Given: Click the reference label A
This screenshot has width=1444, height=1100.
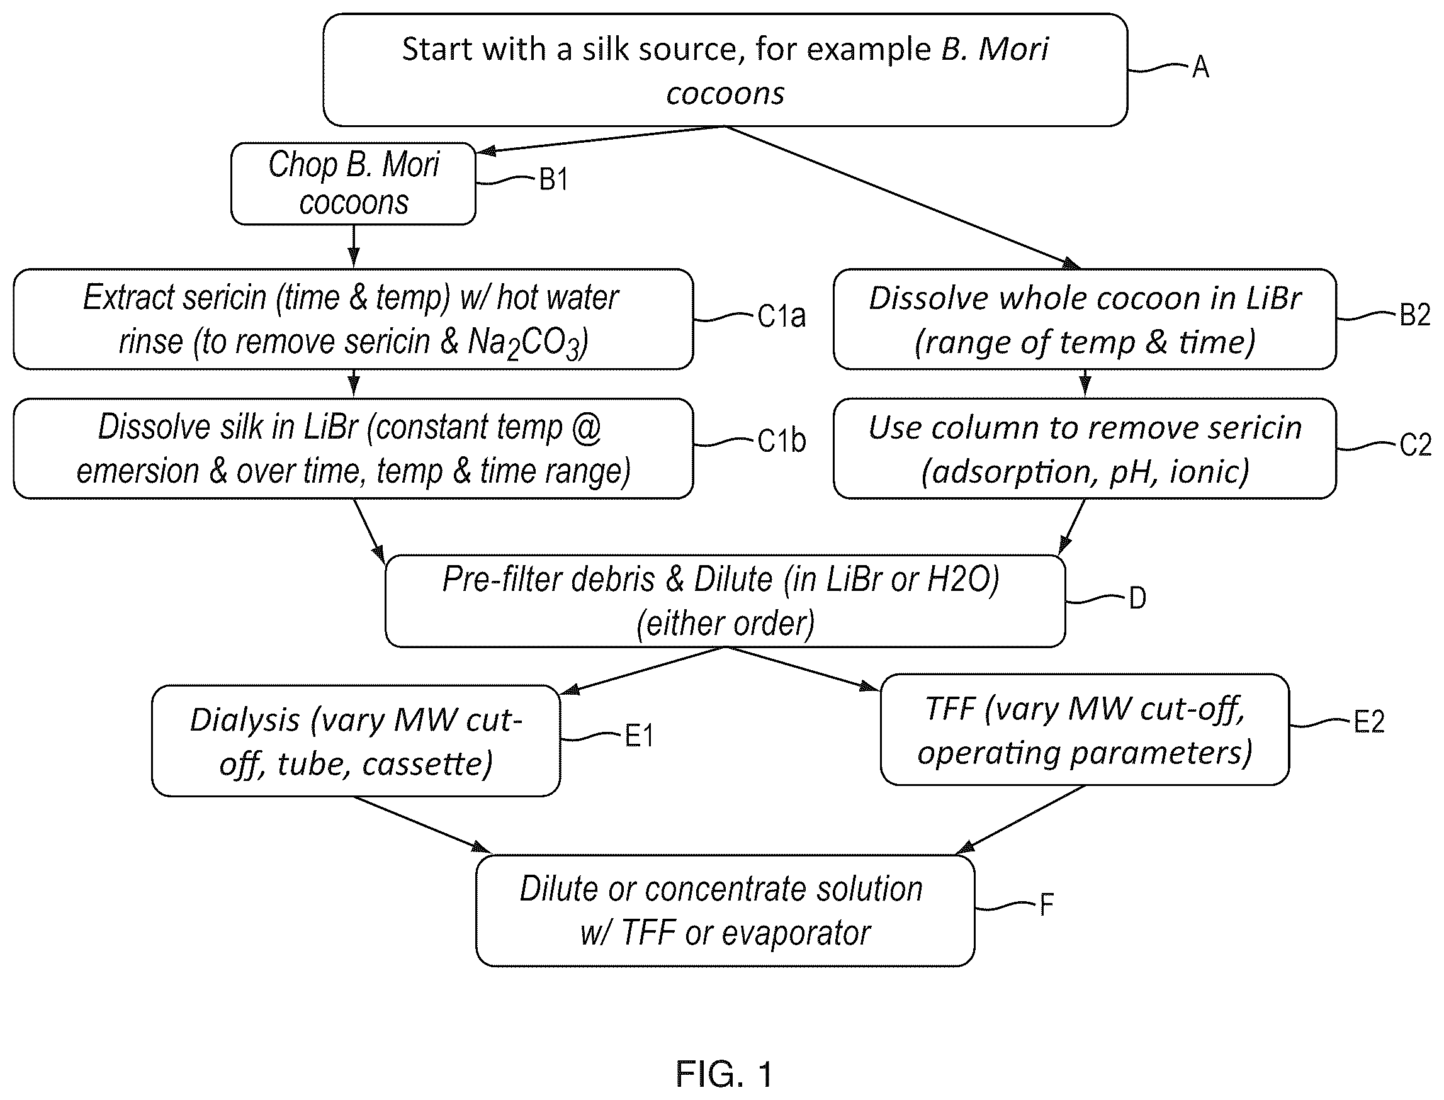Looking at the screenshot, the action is click(x=1200, y=67).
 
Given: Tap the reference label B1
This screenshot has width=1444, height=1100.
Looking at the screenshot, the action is click(x=553, y=179).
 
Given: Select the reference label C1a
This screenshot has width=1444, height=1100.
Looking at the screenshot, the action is click(x=781, y=317).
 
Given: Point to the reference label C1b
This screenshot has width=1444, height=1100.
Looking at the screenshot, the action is click(x=781, y=441).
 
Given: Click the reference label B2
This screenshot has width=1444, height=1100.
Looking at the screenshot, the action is click(x=1414, y=315).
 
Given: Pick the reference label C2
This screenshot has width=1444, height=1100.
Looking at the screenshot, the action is click(x=1415, y=446).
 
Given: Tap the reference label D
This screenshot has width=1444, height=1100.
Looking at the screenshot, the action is click(x=1137, y=598).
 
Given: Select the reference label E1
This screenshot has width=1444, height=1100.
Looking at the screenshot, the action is click(x=639, y=736).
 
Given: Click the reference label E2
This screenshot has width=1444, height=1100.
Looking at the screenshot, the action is click(x=1368, y=722).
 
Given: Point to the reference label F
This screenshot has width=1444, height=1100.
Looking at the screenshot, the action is click(x=1046, y=906).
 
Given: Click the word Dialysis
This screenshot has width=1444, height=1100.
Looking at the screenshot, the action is click(x=245, y=722).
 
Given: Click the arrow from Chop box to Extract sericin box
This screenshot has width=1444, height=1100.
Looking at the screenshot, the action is click(x=354, y=246).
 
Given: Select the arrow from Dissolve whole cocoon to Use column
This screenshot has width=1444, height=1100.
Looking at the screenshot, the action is click(x=1085, y=384).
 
